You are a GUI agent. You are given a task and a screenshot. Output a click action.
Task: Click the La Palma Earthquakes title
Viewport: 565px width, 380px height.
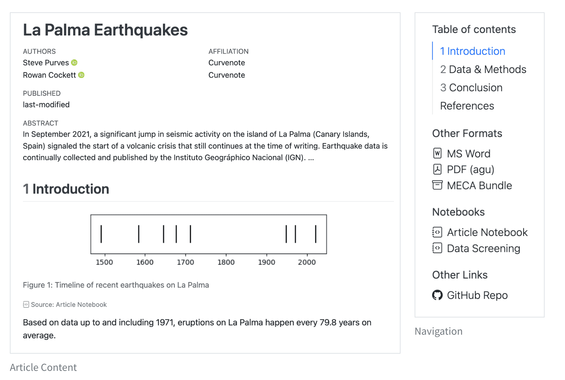click(x=105, y=30)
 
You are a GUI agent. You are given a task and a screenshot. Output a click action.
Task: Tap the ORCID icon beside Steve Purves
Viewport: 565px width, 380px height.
click(x=74, y=63)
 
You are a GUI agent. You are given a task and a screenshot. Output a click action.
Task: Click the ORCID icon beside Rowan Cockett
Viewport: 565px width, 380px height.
click(x=81, y=75)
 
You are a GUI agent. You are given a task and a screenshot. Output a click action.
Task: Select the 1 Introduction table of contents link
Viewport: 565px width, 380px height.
click(x=472, y=51)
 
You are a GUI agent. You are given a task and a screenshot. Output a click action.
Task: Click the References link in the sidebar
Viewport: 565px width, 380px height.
click(x=467, y=106)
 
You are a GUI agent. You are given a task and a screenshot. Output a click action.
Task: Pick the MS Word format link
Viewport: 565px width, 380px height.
click(x=468, y=154)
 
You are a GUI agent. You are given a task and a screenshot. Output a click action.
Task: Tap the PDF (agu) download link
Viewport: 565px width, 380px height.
click(x=470, y=170)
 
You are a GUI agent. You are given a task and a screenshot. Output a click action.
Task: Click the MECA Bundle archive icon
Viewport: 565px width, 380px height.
click(x=437, y=185)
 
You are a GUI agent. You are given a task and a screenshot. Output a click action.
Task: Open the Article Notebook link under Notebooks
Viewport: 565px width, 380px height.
click(x=487, y=232)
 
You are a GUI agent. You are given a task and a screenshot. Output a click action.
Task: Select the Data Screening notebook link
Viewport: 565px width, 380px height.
click(x=483, y=249)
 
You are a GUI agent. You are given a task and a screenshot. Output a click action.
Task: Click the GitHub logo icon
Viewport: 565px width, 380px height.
click(x=437, y=295)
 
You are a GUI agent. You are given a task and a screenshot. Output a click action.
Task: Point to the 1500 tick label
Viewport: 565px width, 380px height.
click(x=104, y=262)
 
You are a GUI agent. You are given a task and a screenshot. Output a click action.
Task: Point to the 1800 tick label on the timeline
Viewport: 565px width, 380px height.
click(x=226, y=262)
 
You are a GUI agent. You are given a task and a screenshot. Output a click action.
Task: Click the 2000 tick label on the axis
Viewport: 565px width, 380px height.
click(x=307, y=262)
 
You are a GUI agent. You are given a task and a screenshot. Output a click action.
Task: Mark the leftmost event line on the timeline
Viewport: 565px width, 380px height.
click(x=101, y=234)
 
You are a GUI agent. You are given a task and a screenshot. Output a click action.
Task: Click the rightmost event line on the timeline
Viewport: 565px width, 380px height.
click(x=316, y=234)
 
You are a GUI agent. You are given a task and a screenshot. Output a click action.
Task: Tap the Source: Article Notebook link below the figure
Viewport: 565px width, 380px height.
click(x=69, y=304)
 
